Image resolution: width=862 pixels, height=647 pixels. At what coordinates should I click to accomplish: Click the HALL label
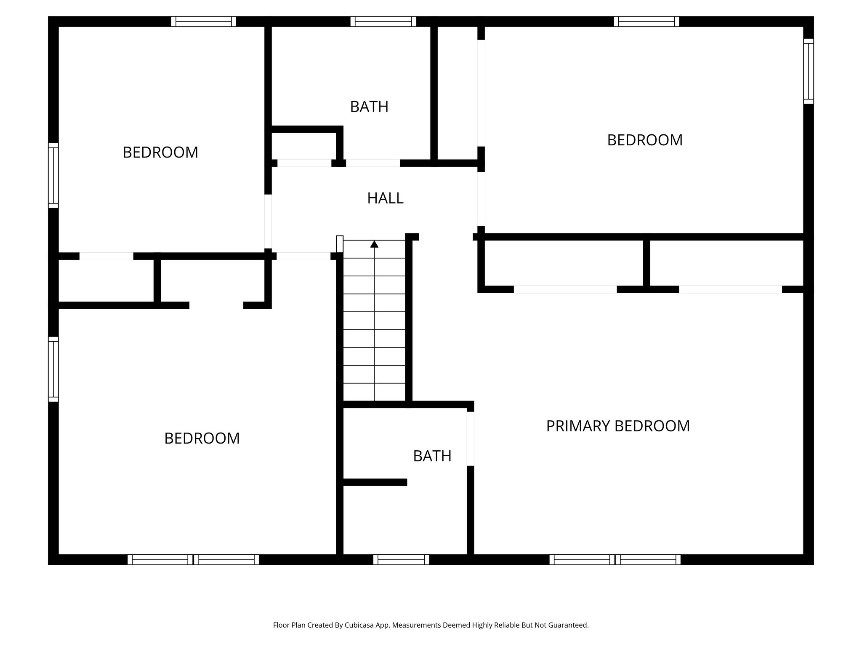(385, 198)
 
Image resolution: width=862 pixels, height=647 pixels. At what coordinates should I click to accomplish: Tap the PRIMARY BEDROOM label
(617, 426)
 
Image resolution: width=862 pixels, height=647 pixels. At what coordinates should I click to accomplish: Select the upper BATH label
(369, 107)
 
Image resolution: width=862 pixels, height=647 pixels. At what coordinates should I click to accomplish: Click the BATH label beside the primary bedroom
(432, 456)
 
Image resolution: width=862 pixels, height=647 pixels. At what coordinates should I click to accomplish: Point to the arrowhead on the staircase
(374, 244)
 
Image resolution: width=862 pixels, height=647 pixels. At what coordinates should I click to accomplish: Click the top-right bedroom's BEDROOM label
(644, 140)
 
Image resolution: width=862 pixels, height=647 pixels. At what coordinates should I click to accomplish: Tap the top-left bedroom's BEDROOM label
(160, 152)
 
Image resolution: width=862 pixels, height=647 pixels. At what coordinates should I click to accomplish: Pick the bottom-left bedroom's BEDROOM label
(202, 438)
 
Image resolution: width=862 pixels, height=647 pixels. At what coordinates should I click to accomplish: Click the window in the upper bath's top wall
(383, 21)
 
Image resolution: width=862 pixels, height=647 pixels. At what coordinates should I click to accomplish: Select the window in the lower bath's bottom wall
(401, 559)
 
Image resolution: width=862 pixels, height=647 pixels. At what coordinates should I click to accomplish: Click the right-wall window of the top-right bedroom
(808, 71)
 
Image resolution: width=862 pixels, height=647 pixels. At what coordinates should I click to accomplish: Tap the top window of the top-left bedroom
(204, 21)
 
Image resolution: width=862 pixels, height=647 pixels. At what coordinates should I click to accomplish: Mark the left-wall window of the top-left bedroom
(53, 175)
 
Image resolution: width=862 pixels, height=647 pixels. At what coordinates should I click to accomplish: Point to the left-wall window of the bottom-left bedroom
(53, 369)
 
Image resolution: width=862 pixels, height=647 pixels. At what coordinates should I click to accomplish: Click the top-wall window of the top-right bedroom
(646, 21)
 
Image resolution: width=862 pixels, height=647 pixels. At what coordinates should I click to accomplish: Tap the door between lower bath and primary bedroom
(471, 438)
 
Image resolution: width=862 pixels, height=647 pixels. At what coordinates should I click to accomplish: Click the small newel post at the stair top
(340, 244)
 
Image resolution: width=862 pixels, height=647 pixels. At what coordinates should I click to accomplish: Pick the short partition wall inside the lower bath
(375, 482)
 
